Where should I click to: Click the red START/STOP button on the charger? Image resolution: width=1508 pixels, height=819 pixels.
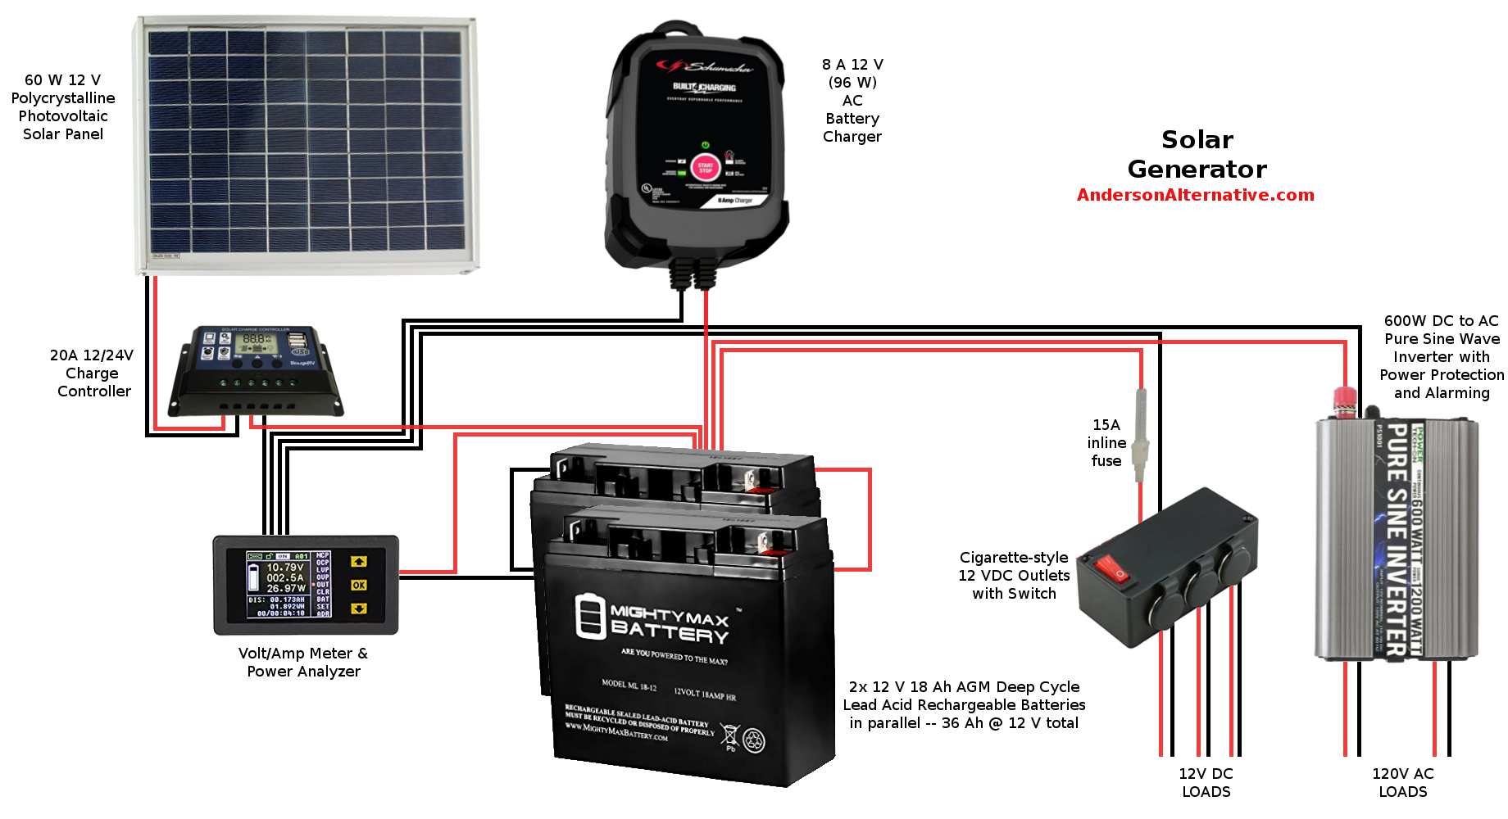coord(705,169)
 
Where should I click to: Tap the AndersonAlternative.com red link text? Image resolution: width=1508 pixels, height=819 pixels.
coord(1195,195)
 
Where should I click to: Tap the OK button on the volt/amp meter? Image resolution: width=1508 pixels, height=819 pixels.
coord(359,585)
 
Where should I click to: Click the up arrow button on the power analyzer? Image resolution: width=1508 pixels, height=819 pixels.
coord(359,562)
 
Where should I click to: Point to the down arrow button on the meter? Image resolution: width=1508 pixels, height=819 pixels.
coord(359,609)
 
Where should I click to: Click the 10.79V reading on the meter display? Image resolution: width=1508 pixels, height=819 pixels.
coord(285,567)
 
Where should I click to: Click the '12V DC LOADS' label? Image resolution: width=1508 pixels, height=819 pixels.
coord(1206,783)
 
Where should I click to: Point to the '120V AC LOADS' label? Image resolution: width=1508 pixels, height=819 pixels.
coord(1402,783)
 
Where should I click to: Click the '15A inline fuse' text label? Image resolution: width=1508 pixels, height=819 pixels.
coord(1106,443)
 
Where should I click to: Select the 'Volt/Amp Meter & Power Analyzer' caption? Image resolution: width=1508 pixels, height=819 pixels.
coord(303,663)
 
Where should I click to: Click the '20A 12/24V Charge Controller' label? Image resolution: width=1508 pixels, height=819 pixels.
coord(93,373)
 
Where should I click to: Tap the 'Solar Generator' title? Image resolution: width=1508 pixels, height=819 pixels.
coord(1197,154)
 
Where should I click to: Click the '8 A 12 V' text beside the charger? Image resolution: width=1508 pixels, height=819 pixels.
coord(852,65)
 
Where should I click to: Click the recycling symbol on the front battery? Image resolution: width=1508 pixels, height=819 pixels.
coord(753,740)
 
